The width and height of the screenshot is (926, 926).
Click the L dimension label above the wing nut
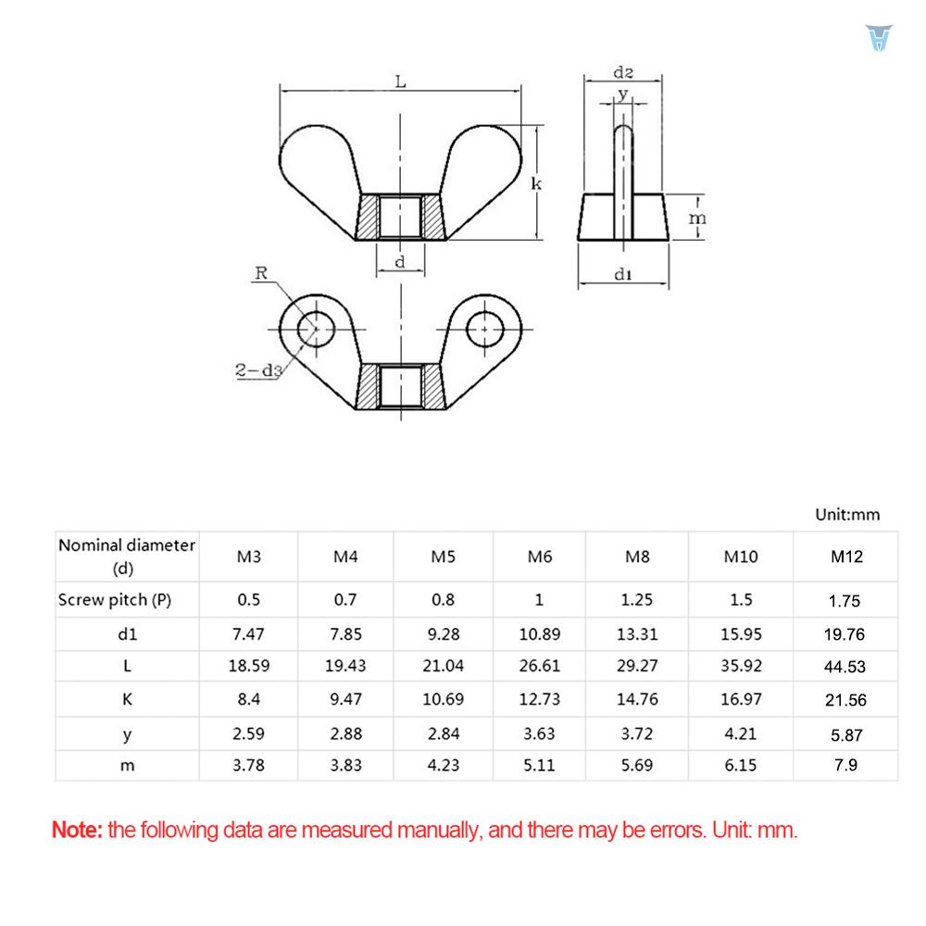pos(400,81)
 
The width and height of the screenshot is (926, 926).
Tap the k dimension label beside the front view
pos(536,184)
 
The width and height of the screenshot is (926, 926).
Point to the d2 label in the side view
pos(623,72)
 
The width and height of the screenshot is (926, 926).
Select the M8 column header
pos(637,557)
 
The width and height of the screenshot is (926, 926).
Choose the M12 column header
pos(845,557)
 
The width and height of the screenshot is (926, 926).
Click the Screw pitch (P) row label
pos(115,599)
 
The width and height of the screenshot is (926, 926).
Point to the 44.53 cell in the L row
pos(845,666)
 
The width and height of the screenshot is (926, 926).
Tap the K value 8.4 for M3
pos(248,699)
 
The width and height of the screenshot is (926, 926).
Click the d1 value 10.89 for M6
pos(539,633)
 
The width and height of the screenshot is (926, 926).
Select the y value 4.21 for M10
pos(740,733)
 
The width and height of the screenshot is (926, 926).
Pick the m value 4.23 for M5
pos(443,766)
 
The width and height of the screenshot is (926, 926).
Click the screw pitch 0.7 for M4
pos(345,599)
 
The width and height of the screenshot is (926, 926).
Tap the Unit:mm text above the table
pos(846,514)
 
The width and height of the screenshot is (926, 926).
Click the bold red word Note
pos(77,830)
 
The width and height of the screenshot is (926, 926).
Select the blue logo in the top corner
pos(876,38)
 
